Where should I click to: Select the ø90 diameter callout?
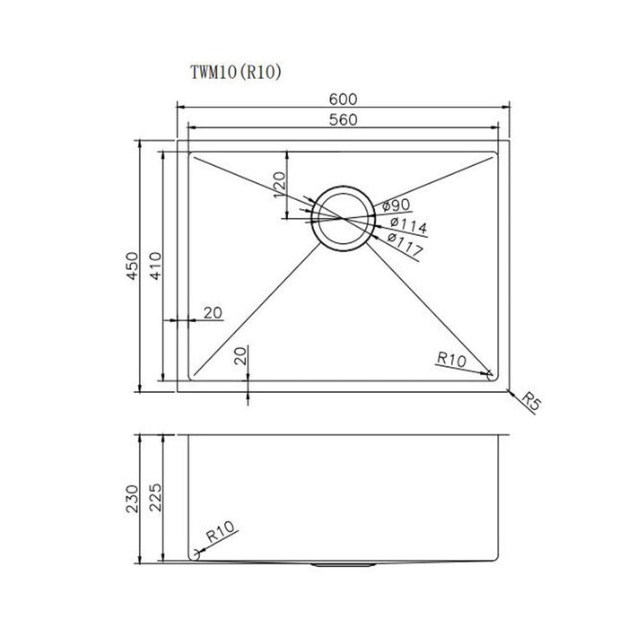click(395, 205)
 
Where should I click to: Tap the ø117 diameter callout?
click(406, 244)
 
